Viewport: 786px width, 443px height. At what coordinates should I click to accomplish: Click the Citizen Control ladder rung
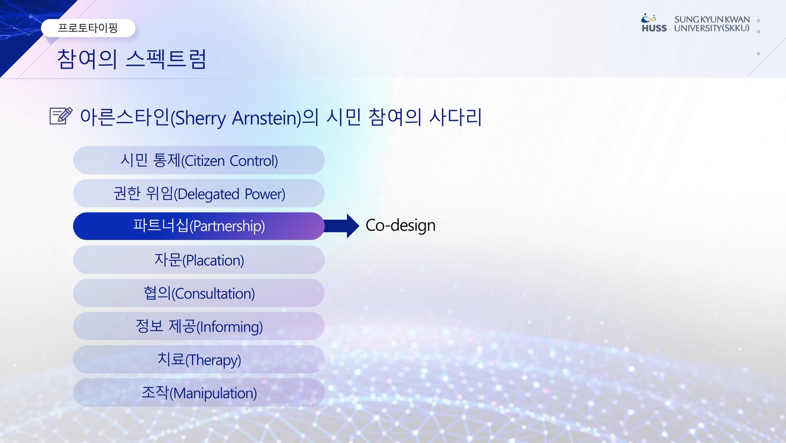199,160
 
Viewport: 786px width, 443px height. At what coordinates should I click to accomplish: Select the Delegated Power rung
199,193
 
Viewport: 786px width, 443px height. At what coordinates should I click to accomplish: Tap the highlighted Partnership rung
199,226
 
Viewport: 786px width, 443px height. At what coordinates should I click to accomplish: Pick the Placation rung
199,260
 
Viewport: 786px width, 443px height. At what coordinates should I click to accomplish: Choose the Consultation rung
199,293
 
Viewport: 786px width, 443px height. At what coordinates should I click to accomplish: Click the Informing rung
199,326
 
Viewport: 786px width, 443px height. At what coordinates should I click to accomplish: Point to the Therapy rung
199,359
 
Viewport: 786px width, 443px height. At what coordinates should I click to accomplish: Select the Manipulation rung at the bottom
199,392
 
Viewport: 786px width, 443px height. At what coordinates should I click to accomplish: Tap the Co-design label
400,225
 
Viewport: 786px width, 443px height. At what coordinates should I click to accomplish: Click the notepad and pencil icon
61,116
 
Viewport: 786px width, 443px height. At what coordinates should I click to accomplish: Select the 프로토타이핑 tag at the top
88,28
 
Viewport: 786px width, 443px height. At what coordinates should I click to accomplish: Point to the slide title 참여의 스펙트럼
131,59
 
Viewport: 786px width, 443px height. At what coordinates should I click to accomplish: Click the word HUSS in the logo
654,28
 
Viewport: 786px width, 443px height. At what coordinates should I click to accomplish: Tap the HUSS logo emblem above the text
648,18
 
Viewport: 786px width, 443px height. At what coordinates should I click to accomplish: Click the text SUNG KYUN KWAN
712,19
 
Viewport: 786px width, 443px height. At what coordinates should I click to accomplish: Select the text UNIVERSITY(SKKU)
712,28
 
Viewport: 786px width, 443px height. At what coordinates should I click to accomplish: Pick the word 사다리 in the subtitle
455,117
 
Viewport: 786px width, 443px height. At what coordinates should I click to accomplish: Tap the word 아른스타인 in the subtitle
125,117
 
